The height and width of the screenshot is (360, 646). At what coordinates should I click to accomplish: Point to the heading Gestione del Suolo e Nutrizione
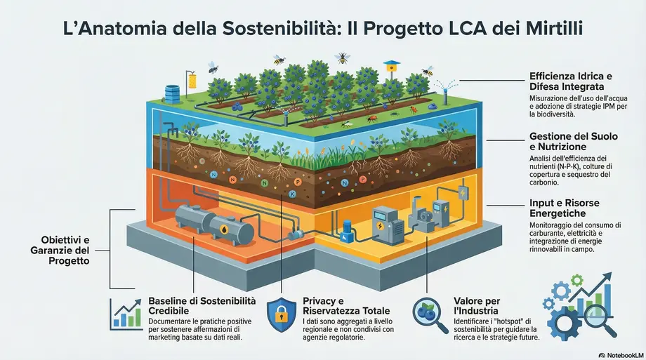[x=574, y=141]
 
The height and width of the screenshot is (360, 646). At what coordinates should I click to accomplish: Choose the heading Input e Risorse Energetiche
[x=565, y=208]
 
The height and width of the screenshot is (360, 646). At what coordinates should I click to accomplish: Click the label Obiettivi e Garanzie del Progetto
[x=60, y=251]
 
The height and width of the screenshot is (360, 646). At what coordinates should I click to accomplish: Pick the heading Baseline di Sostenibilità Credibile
[x=202, y=306]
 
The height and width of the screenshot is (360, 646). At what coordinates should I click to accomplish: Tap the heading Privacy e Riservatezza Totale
[x=346, y=306]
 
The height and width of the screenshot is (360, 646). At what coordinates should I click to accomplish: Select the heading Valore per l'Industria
[x=477, y=306]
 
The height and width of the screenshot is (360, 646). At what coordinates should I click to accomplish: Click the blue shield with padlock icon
[x=282, y=314]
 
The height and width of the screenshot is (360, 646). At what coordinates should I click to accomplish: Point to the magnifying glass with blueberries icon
[x=430, y=315]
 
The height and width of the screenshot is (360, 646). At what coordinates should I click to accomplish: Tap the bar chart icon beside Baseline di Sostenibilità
[x=125, y=314]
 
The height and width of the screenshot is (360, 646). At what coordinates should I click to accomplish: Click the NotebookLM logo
[x=621, y=355]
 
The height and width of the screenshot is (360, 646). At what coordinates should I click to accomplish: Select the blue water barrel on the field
[x=172, y=93]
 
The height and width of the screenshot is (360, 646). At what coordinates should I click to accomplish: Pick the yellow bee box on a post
[x=391, y=66]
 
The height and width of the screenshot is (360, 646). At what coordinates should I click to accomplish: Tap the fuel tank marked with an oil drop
[x=231, y=230]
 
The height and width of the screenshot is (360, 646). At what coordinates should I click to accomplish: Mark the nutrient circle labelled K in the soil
[x=293, y=194]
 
